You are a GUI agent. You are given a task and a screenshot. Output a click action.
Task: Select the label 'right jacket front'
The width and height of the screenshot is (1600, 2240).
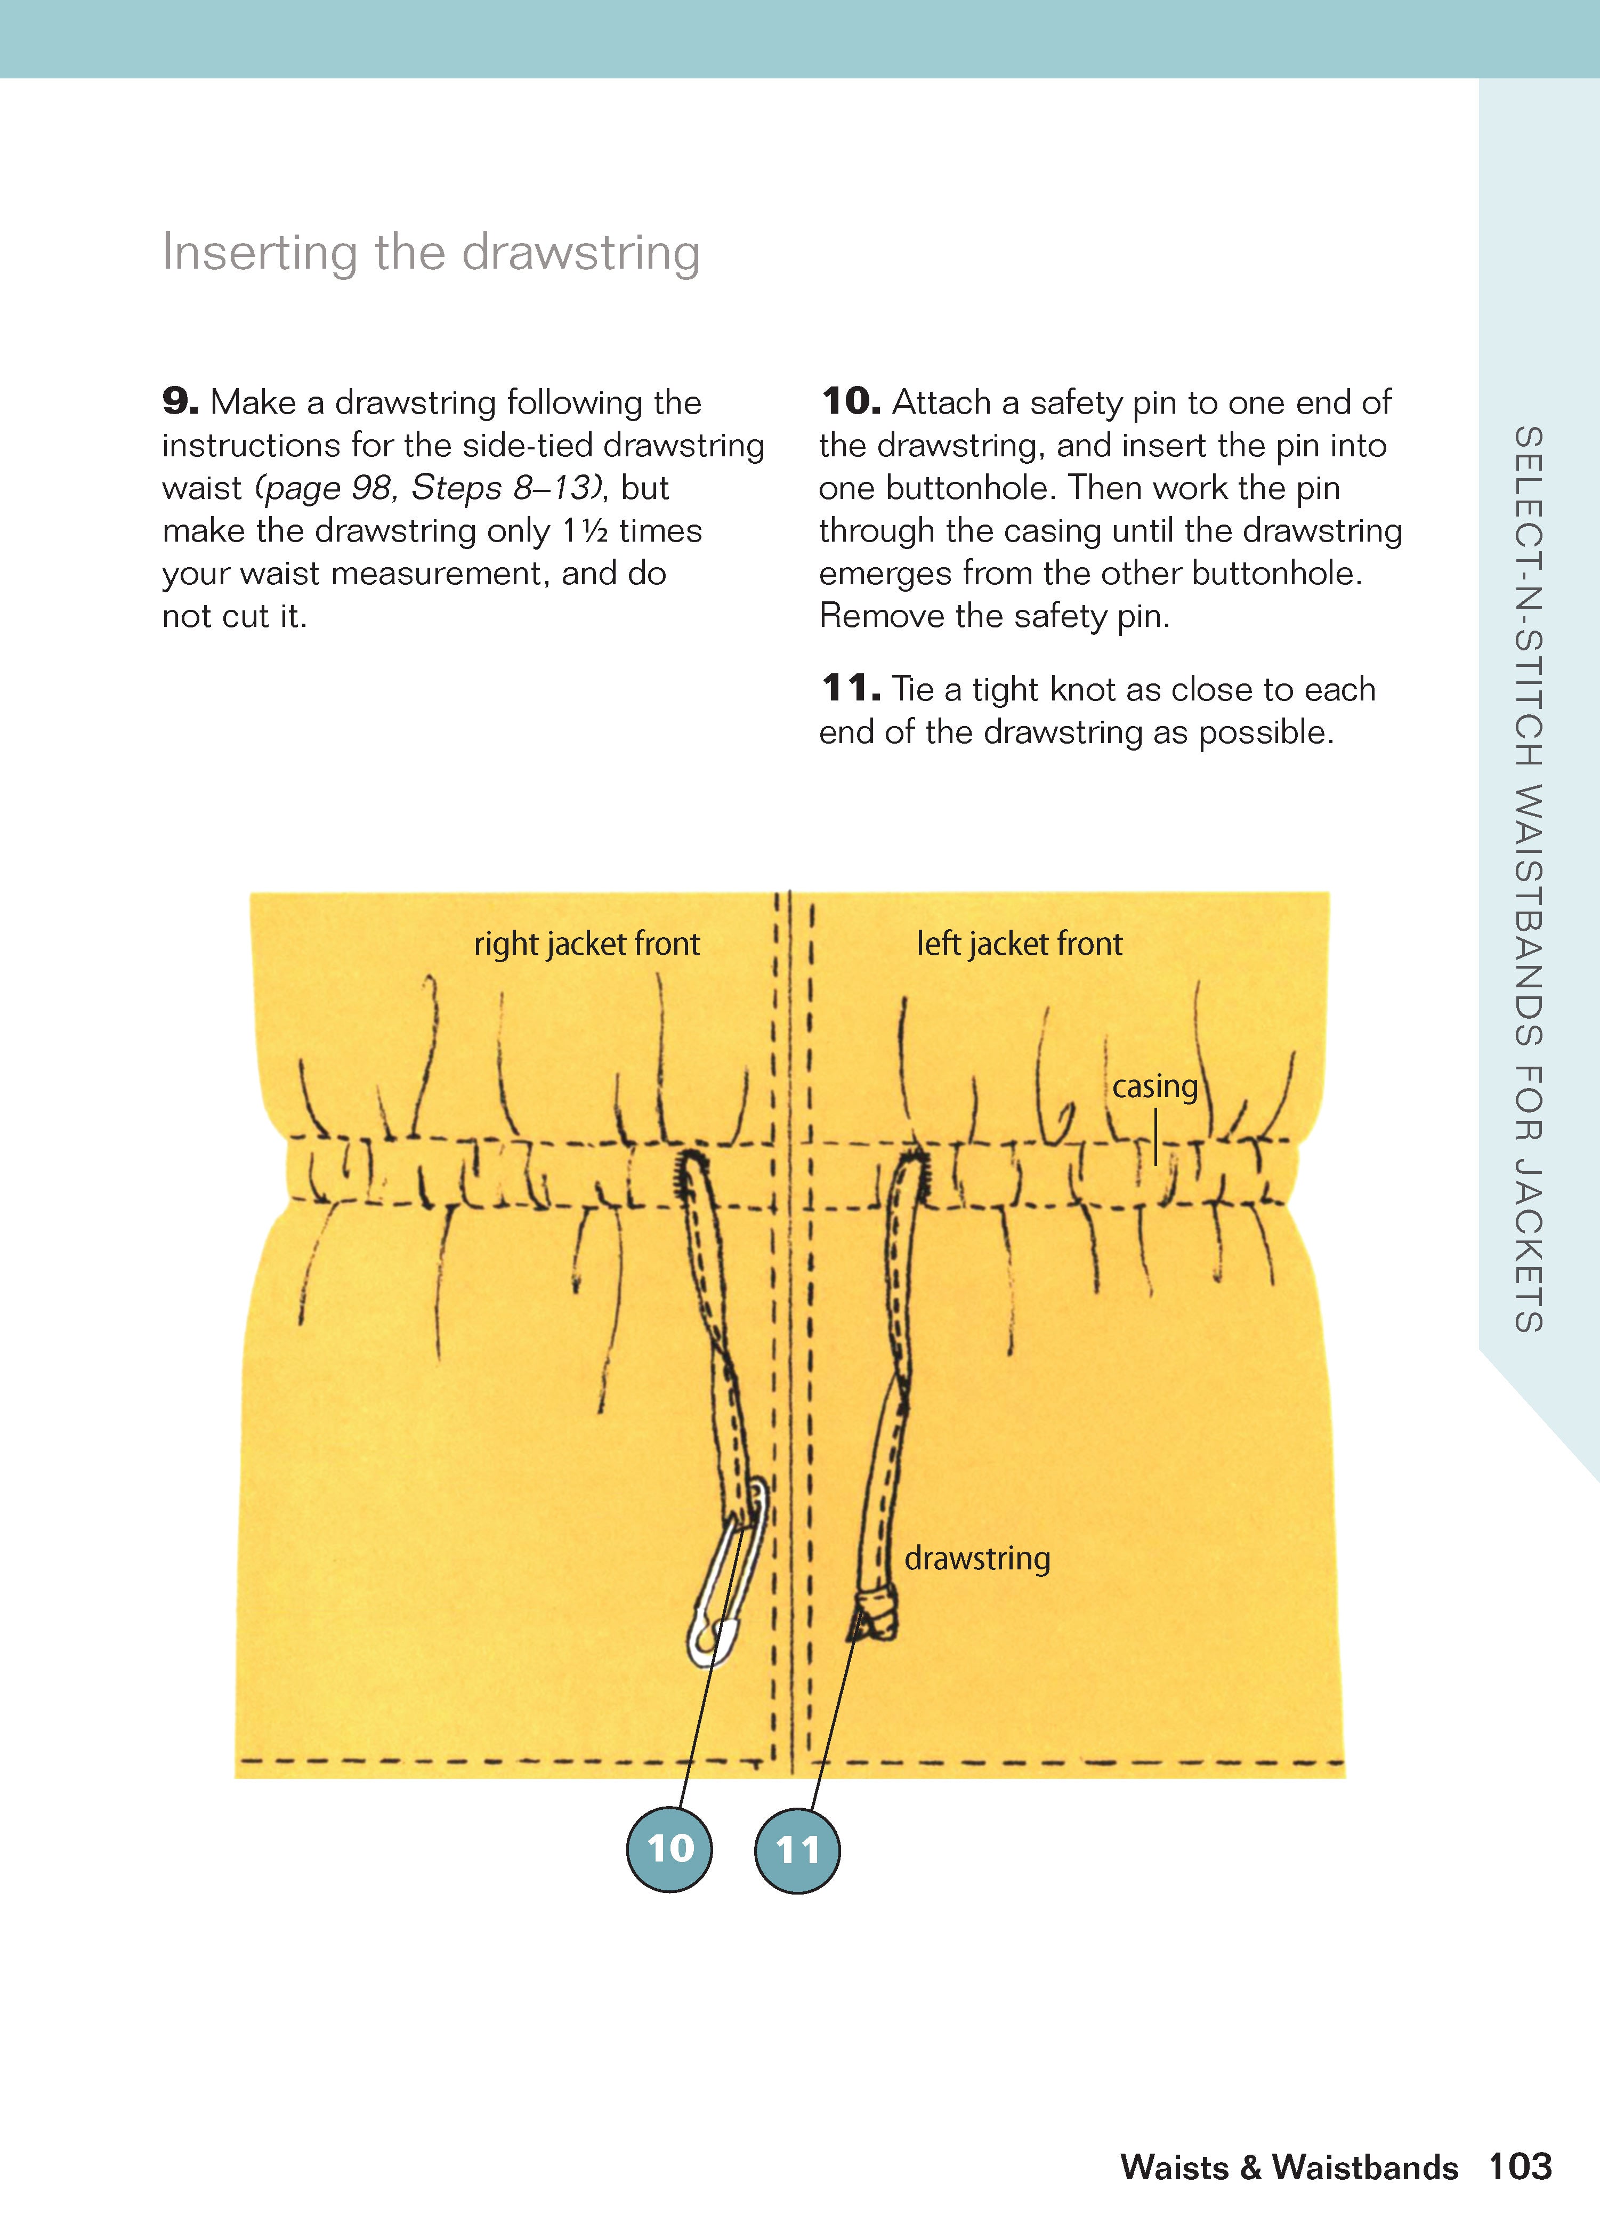[586, 944]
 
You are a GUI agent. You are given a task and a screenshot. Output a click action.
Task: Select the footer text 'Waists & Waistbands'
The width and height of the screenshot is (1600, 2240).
[1289, 2168]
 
